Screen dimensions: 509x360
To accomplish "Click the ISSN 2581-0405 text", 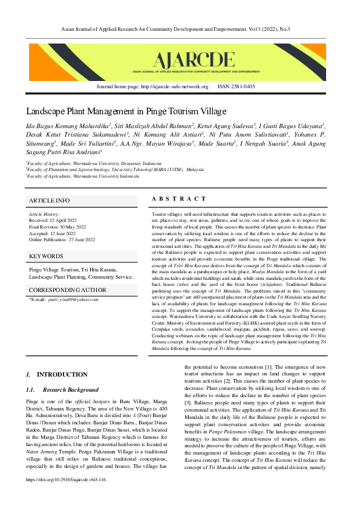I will [236, 86].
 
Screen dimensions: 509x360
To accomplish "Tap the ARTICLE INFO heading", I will [50, 201].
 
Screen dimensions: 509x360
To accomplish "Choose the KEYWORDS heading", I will [47, 256].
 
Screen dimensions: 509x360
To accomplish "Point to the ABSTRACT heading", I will [178, 199].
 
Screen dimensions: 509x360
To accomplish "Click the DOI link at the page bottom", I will [67, 496].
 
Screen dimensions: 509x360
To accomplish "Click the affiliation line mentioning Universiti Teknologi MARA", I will [115, 170].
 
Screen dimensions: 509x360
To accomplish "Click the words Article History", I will [44, 215].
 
